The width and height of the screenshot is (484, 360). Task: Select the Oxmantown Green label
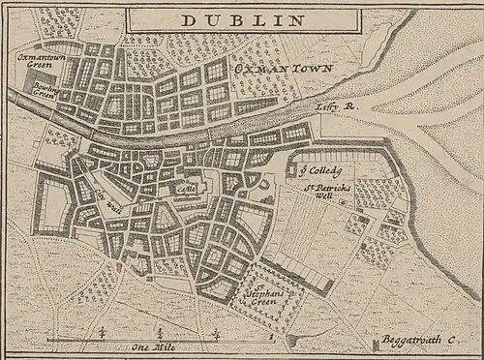tap(38, 61)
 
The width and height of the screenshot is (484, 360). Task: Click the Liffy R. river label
tap(337, 107)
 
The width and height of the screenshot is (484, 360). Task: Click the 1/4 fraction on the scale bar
tap(101, 331)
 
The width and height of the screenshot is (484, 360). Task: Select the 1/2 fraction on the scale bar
tap(159, 331)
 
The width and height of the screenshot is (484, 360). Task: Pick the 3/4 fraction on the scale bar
tap(217, 331)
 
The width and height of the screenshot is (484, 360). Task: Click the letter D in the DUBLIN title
tap(189, 18)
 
